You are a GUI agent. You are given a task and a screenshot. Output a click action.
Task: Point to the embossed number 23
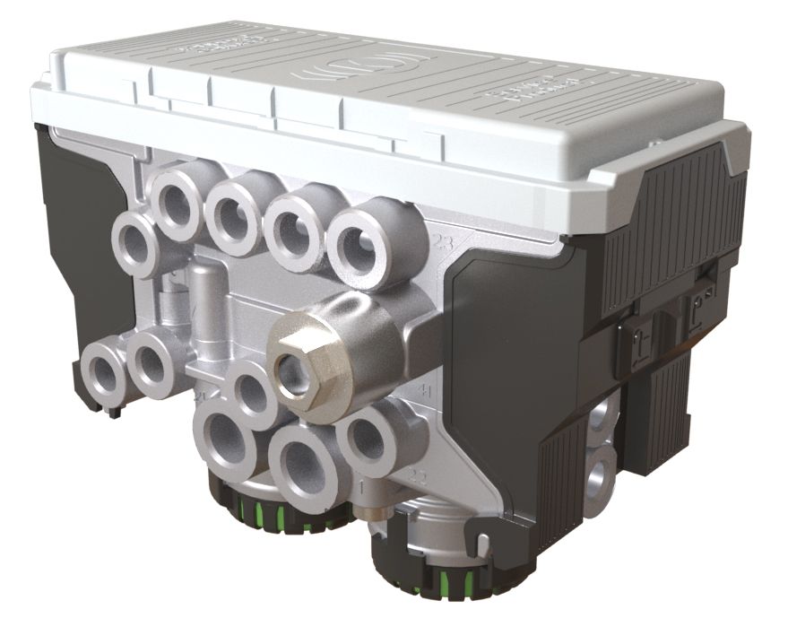pos(441,242)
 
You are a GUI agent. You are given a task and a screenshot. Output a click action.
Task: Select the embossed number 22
pos(417,474)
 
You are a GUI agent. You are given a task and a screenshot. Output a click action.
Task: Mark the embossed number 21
pos(198,396)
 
